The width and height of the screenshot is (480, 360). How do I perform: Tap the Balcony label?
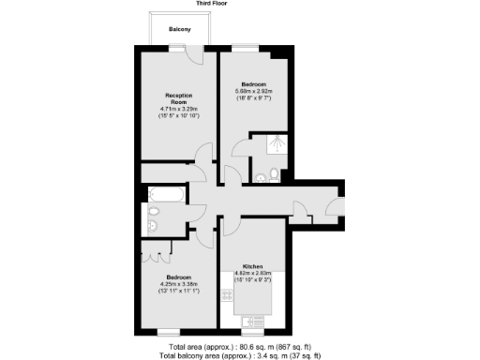pyautogui.click(x=180, y=30)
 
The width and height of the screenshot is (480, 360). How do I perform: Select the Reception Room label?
pyautogui.click(x=179, y=99)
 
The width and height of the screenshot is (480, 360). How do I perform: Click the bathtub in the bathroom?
pyautogui.click(x=166, y=195)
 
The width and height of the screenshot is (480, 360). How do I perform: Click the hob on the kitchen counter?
pyautogui.click(x=227, y=296)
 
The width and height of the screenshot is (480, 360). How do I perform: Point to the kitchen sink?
pyautogui.click(x=254, y=323)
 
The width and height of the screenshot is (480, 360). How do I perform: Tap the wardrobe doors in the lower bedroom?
pyautogui.click(x=156, y=250)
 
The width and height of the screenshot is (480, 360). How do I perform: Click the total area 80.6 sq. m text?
pyautogui.click(x=240, y=347)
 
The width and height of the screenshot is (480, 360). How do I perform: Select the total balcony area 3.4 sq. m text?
pyautogui.click(x=240, y=355)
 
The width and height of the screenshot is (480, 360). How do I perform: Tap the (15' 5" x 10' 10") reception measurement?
pyautogui.click(x=179, y=120)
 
